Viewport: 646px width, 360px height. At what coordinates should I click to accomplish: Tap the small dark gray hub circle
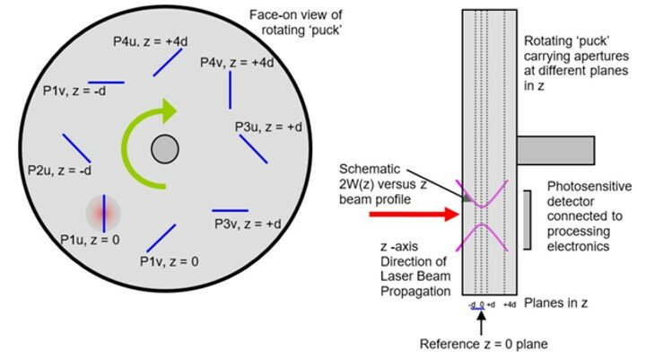click(x=163, y=148)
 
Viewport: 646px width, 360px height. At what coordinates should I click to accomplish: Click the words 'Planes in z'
click(x=557, y=303)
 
